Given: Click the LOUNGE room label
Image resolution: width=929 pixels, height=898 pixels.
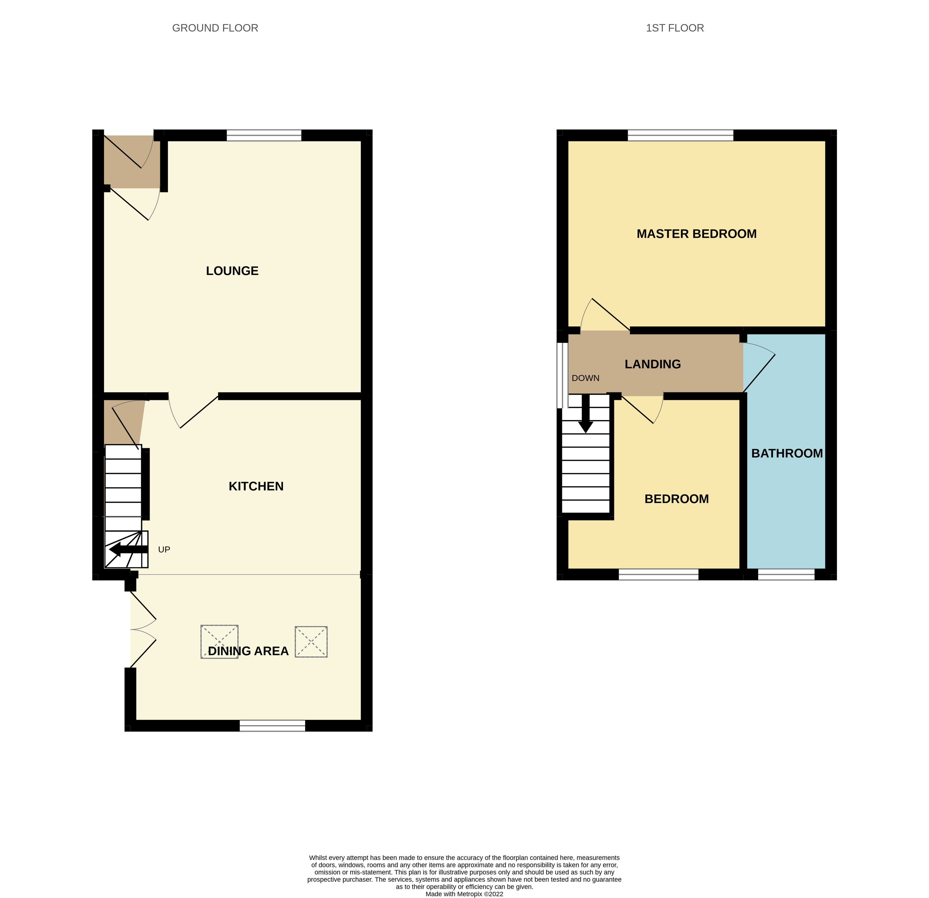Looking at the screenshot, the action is coord(232,271).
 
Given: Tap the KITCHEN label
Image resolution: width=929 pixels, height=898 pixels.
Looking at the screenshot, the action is coord(256,486).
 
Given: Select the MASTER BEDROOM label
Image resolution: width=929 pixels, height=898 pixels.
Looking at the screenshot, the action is coord(696,234).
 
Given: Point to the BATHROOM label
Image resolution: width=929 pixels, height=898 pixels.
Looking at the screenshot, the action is coord(787,453).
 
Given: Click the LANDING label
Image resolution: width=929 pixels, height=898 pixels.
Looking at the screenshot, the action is coord(653,364).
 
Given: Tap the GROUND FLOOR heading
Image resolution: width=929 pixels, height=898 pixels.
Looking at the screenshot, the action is coord(215,28).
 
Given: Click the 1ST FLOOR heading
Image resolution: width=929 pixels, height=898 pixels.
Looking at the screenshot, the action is coord(675,28).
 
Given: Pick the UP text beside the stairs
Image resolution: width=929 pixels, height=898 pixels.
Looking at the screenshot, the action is coord(164,550).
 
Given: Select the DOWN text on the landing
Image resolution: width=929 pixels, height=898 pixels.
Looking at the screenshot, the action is coord(585,378).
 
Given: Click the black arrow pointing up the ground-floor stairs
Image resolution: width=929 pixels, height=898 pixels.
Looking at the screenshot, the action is coord(128,550).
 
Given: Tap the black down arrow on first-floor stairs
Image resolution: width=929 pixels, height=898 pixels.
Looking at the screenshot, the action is coord(586,413).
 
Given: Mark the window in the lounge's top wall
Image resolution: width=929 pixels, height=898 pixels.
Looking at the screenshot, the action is coord(264,135).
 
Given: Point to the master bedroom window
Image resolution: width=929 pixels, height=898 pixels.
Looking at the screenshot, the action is coord(681,135).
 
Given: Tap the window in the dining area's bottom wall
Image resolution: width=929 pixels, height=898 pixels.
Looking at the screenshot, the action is coord(273,726).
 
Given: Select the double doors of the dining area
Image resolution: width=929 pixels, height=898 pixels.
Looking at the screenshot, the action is coord(143,630).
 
